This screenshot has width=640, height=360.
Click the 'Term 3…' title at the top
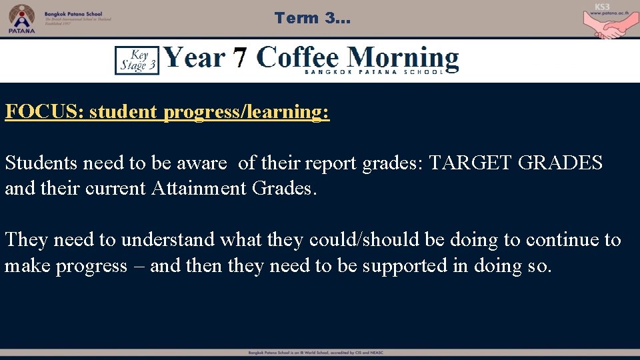311,18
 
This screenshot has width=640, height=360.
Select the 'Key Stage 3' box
137,60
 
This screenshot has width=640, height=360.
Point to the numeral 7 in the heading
240,59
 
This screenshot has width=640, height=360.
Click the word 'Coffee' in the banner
297,58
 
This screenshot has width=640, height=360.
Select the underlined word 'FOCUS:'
44,111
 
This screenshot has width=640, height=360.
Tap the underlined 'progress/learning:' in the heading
246,111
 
